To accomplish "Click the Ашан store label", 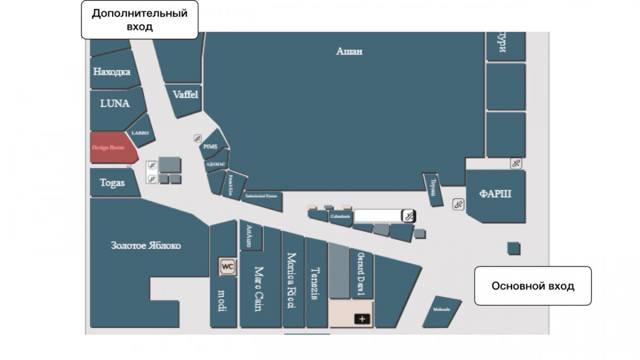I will pyautogui.click(x=349, y=52).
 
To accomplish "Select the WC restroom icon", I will pyautogui.click(x=228, y=266).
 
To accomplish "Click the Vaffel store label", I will pyautogui.click(x=185, y=94).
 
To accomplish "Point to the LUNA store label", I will pyautogui.click(x=115, y=103).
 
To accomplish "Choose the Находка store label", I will pyautogui.click(x=111, y=71).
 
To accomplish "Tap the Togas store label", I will pyautogui.click(x=113, y=182).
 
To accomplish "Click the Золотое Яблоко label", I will pyautogui.click(x=146, y=246).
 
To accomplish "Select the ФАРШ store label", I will pyautogui.click(x=495, y=194).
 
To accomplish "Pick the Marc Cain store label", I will pyautogui.click(x=259, y=289).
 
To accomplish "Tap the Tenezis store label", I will pyautogui.click(x=315, y=283).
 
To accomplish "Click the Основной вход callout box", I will pyautogui.click(x=533, y=286).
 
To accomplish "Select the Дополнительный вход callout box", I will pyautogui.click(x=140, y=20).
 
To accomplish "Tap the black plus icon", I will pyautogui.click(x=362, y=319).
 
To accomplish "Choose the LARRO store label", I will pyautogui.click(x=140, y=133).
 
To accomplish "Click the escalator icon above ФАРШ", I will pyautogui.click(x=515, y=163).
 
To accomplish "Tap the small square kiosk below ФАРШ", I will pyautogui.click(x=513, y=249).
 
